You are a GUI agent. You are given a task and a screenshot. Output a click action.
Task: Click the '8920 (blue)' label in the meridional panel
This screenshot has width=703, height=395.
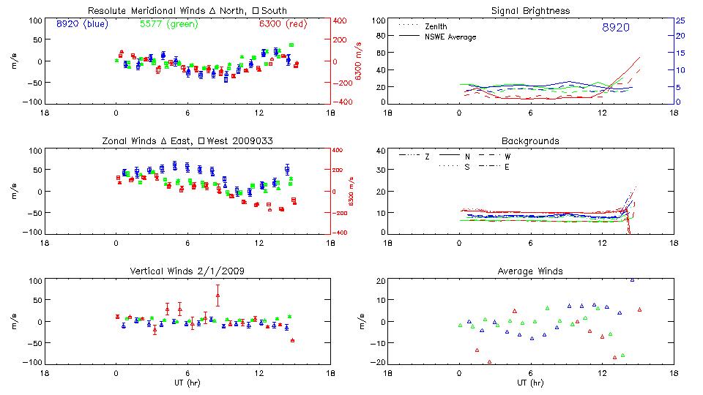81,24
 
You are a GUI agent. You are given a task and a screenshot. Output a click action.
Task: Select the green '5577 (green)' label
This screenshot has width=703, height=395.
168,24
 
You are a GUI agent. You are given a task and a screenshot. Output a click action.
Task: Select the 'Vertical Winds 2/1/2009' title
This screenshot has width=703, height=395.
187,271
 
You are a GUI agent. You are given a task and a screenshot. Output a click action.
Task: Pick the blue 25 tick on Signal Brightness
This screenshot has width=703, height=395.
680,20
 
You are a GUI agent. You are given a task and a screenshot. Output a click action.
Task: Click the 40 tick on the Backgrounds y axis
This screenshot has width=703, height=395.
380,151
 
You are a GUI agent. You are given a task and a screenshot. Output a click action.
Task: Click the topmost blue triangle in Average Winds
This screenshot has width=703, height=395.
632,279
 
